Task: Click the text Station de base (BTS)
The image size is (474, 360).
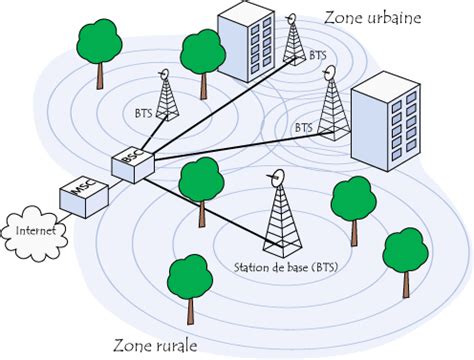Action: pyautogui.click(x=282, y=267)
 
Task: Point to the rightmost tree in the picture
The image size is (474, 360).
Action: pyautogui.click(x=405, y=254)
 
